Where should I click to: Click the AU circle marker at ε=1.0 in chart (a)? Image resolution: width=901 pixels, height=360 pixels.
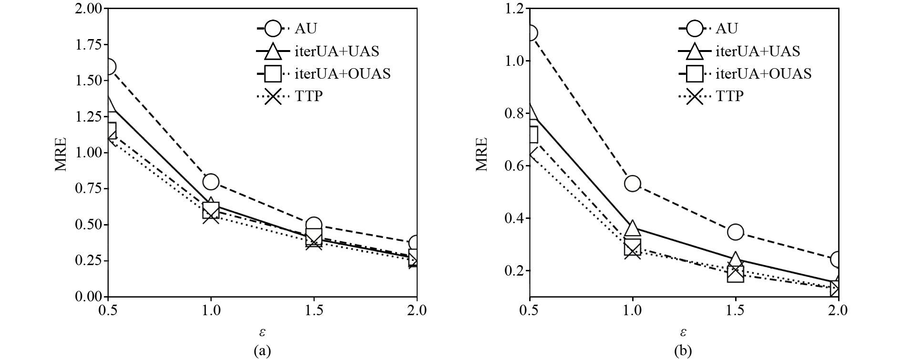[211, 182]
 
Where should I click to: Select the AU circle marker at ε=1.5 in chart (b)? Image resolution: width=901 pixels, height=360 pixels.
[736, 232]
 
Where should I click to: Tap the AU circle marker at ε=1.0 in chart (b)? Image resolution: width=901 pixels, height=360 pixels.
[633, 184]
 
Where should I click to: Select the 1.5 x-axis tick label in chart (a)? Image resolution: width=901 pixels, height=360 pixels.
[314, 310]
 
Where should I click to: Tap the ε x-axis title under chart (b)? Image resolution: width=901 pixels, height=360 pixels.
[684, 331]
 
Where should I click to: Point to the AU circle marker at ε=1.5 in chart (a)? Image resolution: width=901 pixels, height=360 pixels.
[314, 225]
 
